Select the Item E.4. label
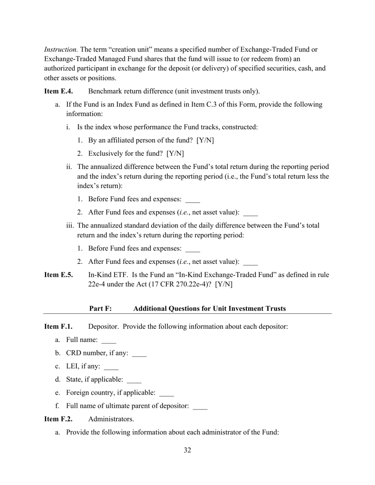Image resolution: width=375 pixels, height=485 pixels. (x=58, y=91)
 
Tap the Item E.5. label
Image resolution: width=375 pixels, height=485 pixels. (x=58, y=275)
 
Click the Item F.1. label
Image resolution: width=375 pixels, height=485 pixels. (x=58, y=326)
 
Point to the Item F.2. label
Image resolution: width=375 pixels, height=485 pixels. (x=58, y=419)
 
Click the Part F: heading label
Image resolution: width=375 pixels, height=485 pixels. (x=101, y=309)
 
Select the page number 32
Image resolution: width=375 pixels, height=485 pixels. (x=187, y=450)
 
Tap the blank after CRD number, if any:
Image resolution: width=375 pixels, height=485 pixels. (x=139, y=354)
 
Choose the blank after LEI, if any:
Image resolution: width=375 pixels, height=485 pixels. (x=111, y=367)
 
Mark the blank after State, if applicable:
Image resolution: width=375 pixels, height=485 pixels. (x=134, y=380)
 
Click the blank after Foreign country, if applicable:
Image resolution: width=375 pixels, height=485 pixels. (x=166, y=394)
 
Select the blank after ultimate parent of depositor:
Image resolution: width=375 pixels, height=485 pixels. (x=200, y=407)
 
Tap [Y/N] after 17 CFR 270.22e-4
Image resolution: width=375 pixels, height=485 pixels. (x=224, y=284)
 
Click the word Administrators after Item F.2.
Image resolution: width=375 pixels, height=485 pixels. (x=111, y=419)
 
